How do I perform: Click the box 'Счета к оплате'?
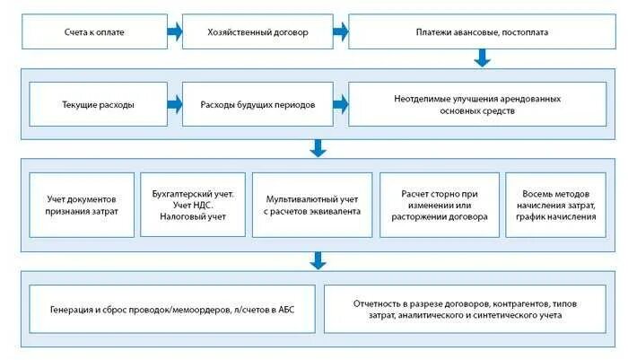click(x=93, y=32)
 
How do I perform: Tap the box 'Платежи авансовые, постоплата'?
click(x=482, y=32)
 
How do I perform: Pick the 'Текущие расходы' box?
click(x=99, y=104)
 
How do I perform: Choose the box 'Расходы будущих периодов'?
click(x=257, y=104)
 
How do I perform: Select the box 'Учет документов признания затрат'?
click(x=82, y=205)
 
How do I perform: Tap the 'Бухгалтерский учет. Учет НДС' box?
click(x=193, y=205)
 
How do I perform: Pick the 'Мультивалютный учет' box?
click(x=311, y=205)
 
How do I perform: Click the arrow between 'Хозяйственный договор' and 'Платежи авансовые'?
click(x=340, y=32)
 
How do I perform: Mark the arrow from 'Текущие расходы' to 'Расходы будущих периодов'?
click(x=175, y=104)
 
